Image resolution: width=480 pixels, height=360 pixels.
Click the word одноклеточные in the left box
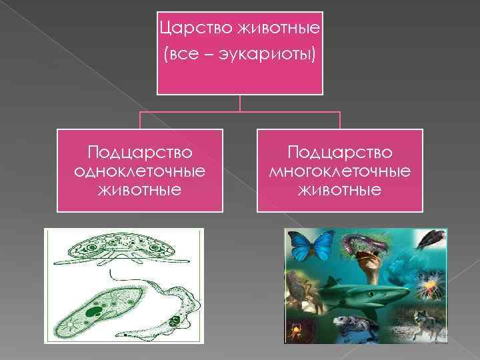click(x=139, y=171)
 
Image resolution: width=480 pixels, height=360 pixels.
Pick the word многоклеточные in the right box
click(x=339, y=171)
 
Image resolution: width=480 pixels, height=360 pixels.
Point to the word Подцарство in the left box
click(x=139, y=153)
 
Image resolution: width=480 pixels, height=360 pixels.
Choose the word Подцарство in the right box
click(x=339, y=153)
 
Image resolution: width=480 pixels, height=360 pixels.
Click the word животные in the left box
click(x=139, y=190)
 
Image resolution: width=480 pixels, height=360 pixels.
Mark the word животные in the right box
click(x=339, y=190)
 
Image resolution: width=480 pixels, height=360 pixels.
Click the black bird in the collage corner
click(x=432, y=238)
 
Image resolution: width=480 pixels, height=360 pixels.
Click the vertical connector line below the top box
click(x=240, y=103)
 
